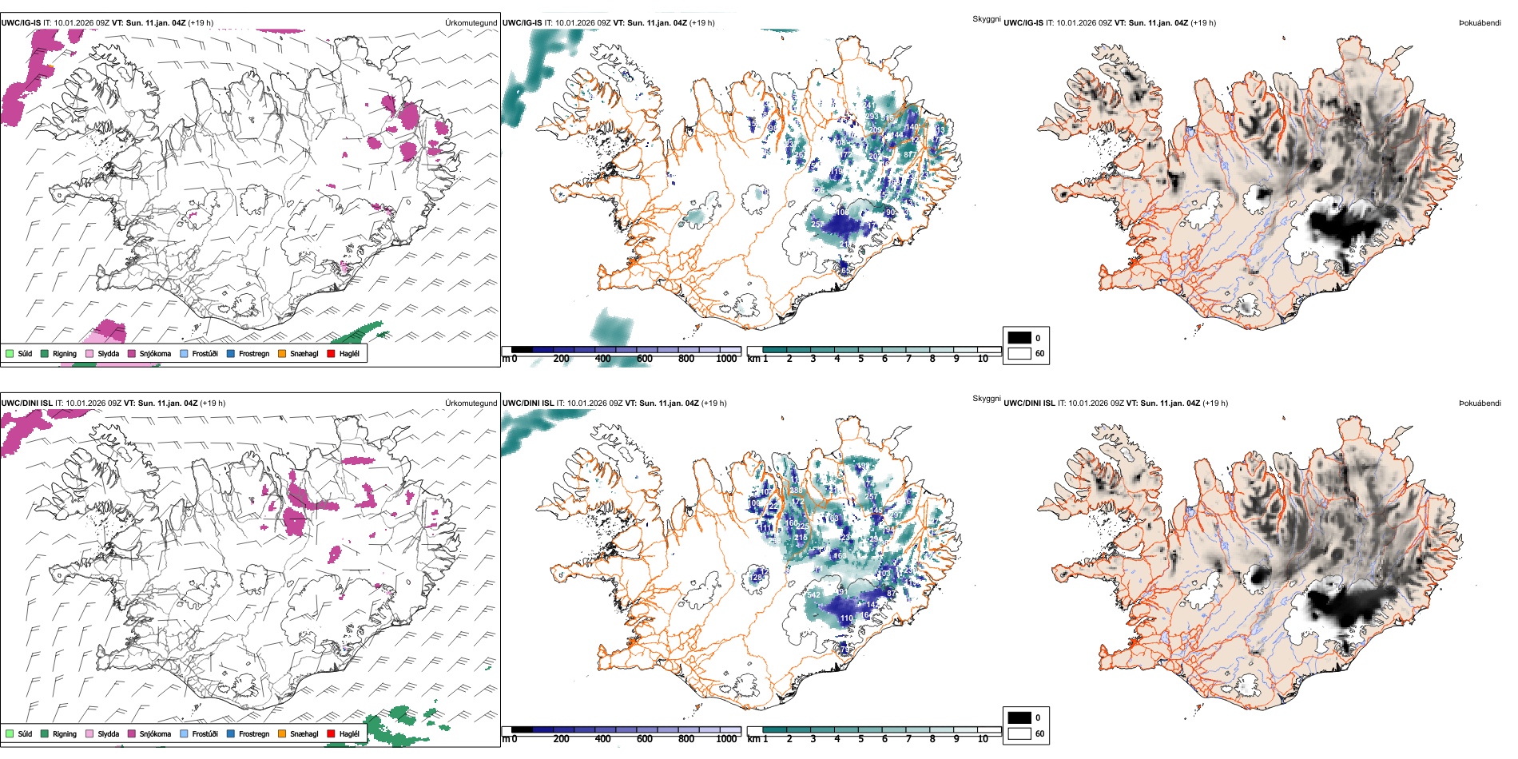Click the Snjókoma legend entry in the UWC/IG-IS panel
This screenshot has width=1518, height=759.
[155, 353]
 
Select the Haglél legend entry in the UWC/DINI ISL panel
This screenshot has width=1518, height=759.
[349, 733]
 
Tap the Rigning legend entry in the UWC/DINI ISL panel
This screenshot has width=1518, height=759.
[65, 733]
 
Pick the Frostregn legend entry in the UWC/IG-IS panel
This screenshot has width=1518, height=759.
[254, 353]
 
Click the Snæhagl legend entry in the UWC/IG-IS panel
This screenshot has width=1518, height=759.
[304, 353]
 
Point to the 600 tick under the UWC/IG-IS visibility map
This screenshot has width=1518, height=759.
[644, 359]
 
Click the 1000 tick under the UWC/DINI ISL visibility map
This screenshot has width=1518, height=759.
[726, 739]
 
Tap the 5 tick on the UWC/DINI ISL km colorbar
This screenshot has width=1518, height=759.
[860, 739]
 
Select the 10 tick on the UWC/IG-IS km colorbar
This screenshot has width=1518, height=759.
[983, 359]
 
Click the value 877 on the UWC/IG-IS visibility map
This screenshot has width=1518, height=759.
[910, 155]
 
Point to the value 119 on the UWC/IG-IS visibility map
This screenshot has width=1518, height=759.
[836, 172]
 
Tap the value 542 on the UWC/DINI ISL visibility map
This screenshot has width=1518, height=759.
[813, 594]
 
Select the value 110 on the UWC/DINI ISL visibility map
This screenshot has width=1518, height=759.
[847, 618]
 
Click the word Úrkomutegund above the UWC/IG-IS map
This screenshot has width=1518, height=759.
[471, 23]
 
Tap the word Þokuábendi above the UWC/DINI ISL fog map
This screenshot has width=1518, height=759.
[1480, 403]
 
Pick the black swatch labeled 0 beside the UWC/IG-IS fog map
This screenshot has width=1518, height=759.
[1019, 338]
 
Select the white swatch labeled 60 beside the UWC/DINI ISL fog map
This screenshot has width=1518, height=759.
[1019, 733]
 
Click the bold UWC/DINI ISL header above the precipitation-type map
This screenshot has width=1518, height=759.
[27, 403]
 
